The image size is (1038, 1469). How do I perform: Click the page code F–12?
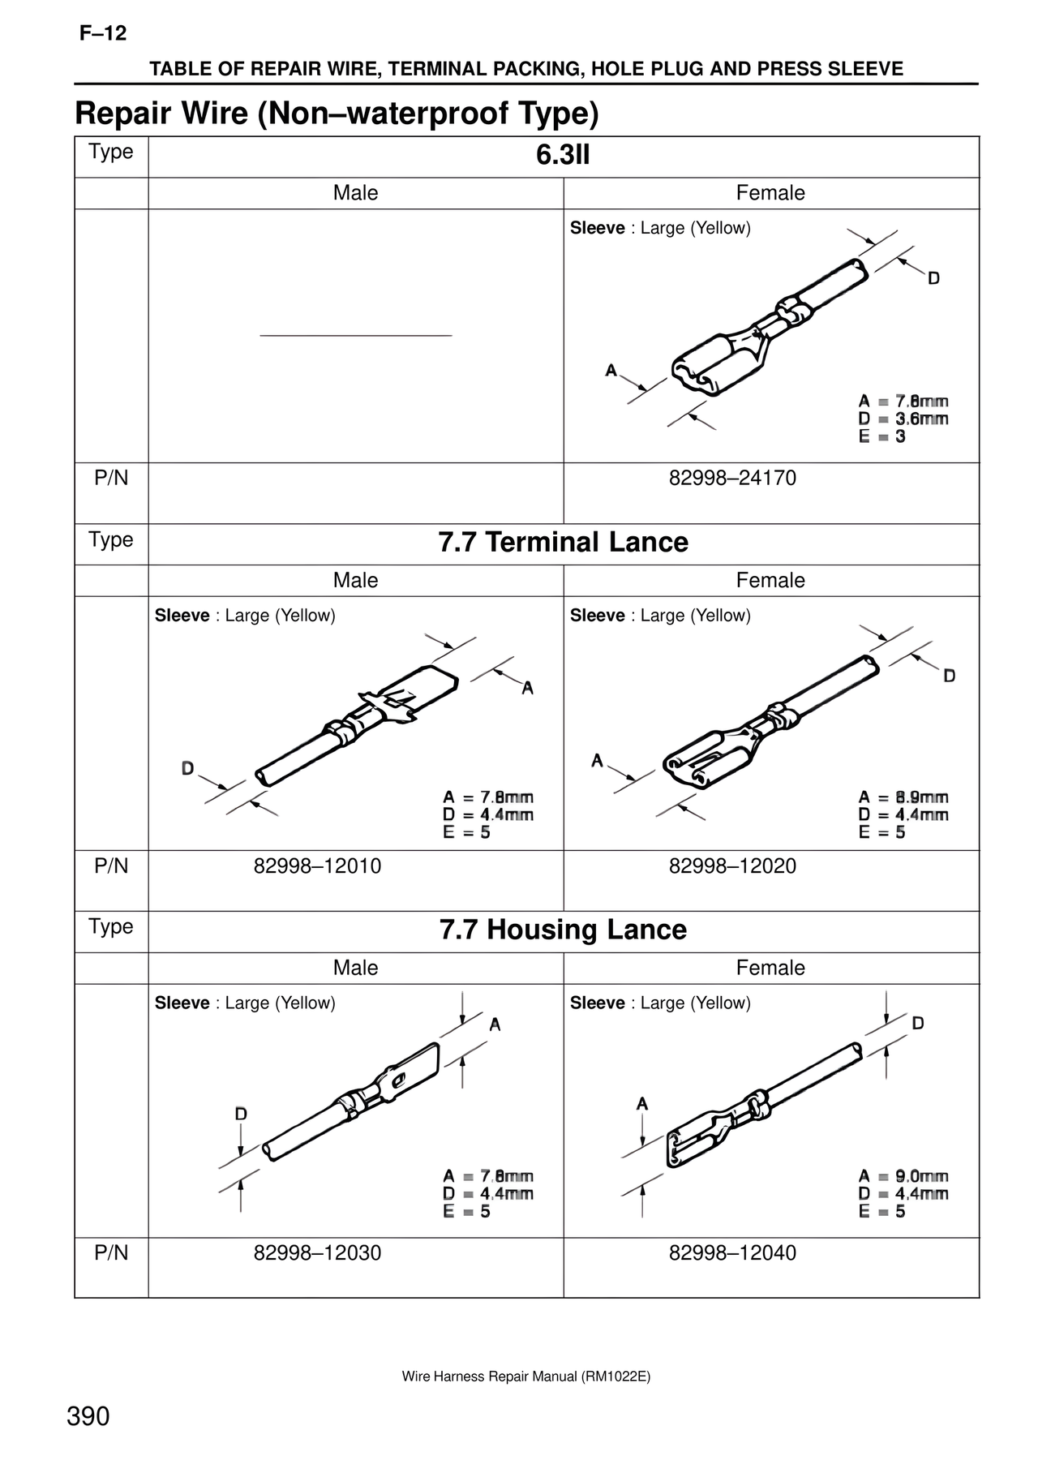click(103, 34)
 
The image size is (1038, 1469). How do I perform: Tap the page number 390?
click(88, 1416)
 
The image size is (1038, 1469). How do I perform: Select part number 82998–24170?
click(732, 478)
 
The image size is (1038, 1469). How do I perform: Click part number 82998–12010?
click(317, 866)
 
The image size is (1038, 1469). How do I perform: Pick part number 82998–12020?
click(732, 866)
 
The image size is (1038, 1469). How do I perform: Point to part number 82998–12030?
click(317, 1252)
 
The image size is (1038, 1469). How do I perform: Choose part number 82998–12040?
click(732, 1252)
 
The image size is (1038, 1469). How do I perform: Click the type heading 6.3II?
click(563, 155)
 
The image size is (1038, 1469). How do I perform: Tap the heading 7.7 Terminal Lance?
click(563, 542)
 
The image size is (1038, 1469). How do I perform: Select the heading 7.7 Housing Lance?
click(563, 930)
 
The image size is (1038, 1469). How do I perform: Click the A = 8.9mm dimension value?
click(903, 797)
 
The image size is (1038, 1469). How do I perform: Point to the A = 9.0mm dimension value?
click(903, 1176)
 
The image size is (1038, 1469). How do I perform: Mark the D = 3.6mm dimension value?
click(903, 419)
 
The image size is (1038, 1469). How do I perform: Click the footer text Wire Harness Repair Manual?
click(525, 1377)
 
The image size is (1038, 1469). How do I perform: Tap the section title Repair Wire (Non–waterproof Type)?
click(337, 114)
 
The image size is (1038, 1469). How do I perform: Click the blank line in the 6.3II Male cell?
click(355, 335)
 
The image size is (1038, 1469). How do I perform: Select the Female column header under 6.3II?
click(770, 193)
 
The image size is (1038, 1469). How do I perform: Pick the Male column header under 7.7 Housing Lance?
click(355, 968)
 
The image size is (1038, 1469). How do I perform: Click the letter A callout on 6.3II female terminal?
click(611, 371)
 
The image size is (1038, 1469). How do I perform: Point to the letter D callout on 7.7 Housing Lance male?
click(241, 1114)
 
